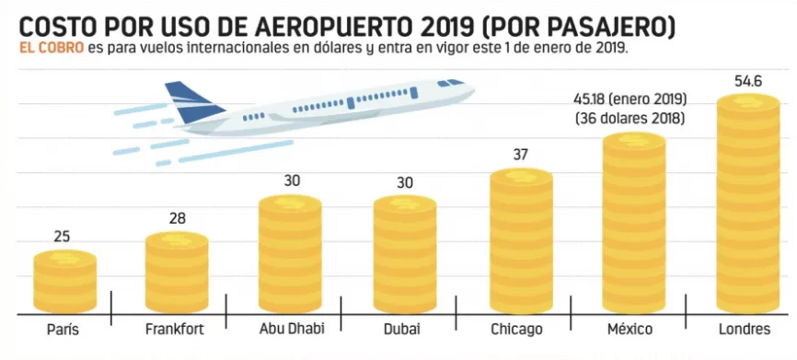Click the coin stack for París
coord(65,281)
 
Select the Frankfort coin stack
coord(177,272)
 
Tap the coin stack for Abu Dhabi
coord(290,254)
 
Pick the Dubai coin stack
coord(405,254)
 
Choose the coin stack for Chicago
coord(521,240)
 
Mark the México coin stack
coord(634,222)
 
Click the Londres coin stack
coord(747,203)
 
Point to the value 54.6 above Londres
coord(747,81)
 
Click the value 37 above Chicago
coord(521,155)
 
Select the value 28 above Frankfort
coord(178,218)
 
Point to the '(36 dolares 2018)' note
coord(630,119)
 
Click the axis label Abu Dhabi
coord(291,328)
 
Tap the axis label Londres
coord(745,329)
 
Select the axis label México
coord(630,329)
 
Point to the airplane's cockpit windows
coord(450,82)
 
